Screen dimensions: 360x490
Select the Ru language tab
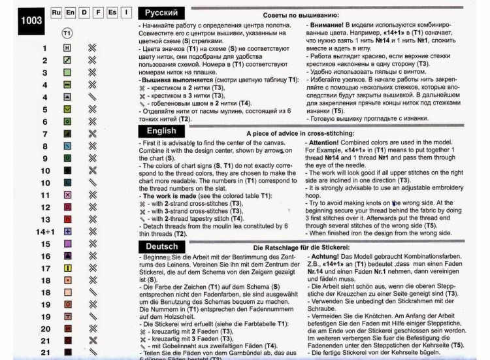coord(56,12)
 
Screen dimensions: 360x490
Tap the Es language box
coord(112,12)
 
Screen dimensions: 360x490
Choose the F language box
coord(98,12)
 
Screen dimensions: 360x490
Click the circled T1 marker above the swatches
coord(67,32)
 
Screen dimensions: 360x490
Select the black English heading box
coord(161,131)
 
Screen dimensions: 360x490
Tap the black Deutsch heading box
coord(162,246)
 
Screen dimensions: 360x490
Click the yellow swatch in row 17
coord(67,268)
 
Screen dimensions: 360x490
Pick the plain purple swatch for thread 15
coord(67,244)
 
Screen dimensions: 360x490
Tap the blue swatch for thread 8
coord(67,146)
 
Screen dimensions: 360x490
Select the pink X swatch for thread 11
coord(67,195)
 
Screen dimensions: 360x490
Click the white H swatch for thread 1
coord(67,48)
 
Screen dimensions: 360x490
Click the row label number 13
coord(45,220)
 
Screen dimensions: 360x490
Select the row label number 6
coord(45,122)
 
